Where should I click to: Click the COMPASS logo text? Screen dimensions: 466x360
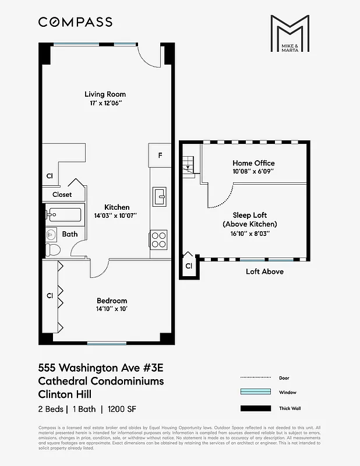click(75, 22)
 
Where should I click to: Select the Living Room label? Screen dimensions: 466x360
click(105, 94)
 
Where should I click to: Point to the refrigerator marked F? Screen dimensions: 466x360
click(160, 156)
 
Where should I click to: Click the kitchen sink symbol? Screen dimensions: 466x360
click(159, 197)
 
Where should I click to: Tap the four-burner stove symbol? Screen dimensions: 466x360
click(159, 239)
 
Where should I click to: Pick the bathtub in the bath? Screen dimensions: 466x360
click(65, 214)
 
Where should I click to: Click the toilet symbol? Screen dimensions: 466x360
click(52, 249)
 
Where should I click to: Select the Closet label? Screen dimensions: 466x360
click(62, 195)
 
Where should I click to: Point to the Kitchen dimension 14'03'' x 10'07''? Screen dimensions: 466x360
click(117, 216)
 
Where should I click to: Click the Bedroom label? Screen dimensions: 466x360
click(112, 301)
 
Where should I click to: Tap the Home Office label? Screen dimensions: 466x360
click(253, 163)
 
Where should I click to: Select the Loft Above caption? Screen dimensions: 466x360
click(264, 271)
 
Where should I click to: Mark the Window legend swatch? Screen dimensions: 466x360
click(256, 393)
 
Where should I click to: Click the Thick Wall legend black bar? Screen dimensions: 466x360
click(256, 408)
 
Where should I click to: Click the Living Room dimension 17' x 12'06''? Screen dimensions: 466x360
click(105, 103)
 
